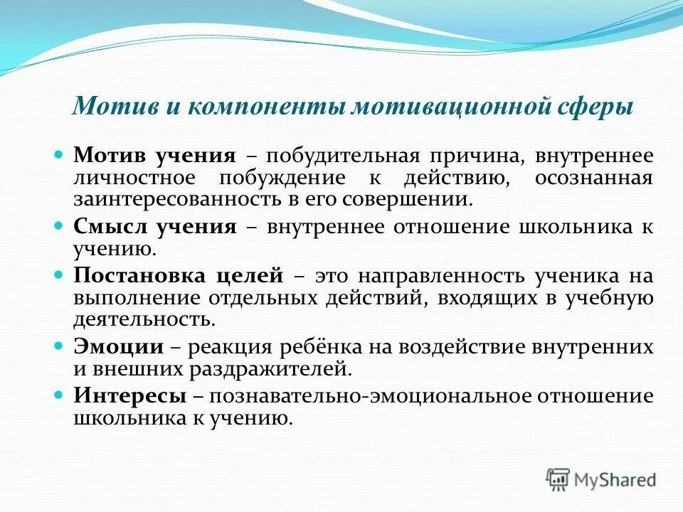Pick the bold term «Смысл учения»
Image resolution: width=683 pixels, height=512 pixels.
coord(154,227)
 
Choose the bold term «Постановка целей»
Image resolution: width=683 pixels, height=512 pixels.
coord(179,276)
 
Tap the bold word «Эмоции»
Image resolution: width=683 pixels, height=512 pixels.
coord(118,347)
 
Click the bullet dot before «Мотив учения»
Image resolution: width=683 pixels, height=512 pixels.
coord(60,154)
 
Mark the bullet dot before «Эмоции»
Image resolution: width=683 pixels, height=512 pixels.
coord(60,346)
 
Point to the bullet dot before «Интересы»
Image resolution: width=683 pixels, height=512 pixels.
coord(60,395)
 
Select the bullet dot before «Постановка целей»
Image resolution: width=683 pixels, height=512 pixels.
coord(60,274)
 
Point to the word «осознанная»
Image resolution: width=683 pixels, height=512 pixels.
coord(593,178)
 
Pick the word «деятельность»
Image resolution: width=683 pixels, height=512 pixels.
coord(144,319)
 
